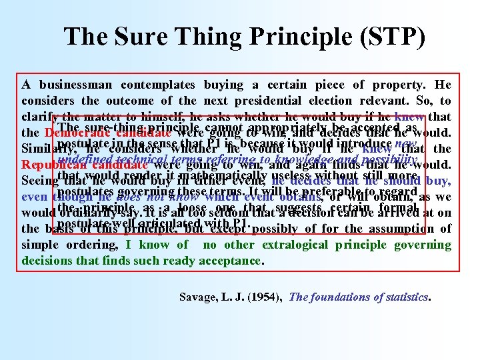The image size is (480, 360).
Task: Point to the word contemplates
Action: (158, 85)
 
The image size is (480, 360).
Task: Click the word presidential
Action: (277, 101)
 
